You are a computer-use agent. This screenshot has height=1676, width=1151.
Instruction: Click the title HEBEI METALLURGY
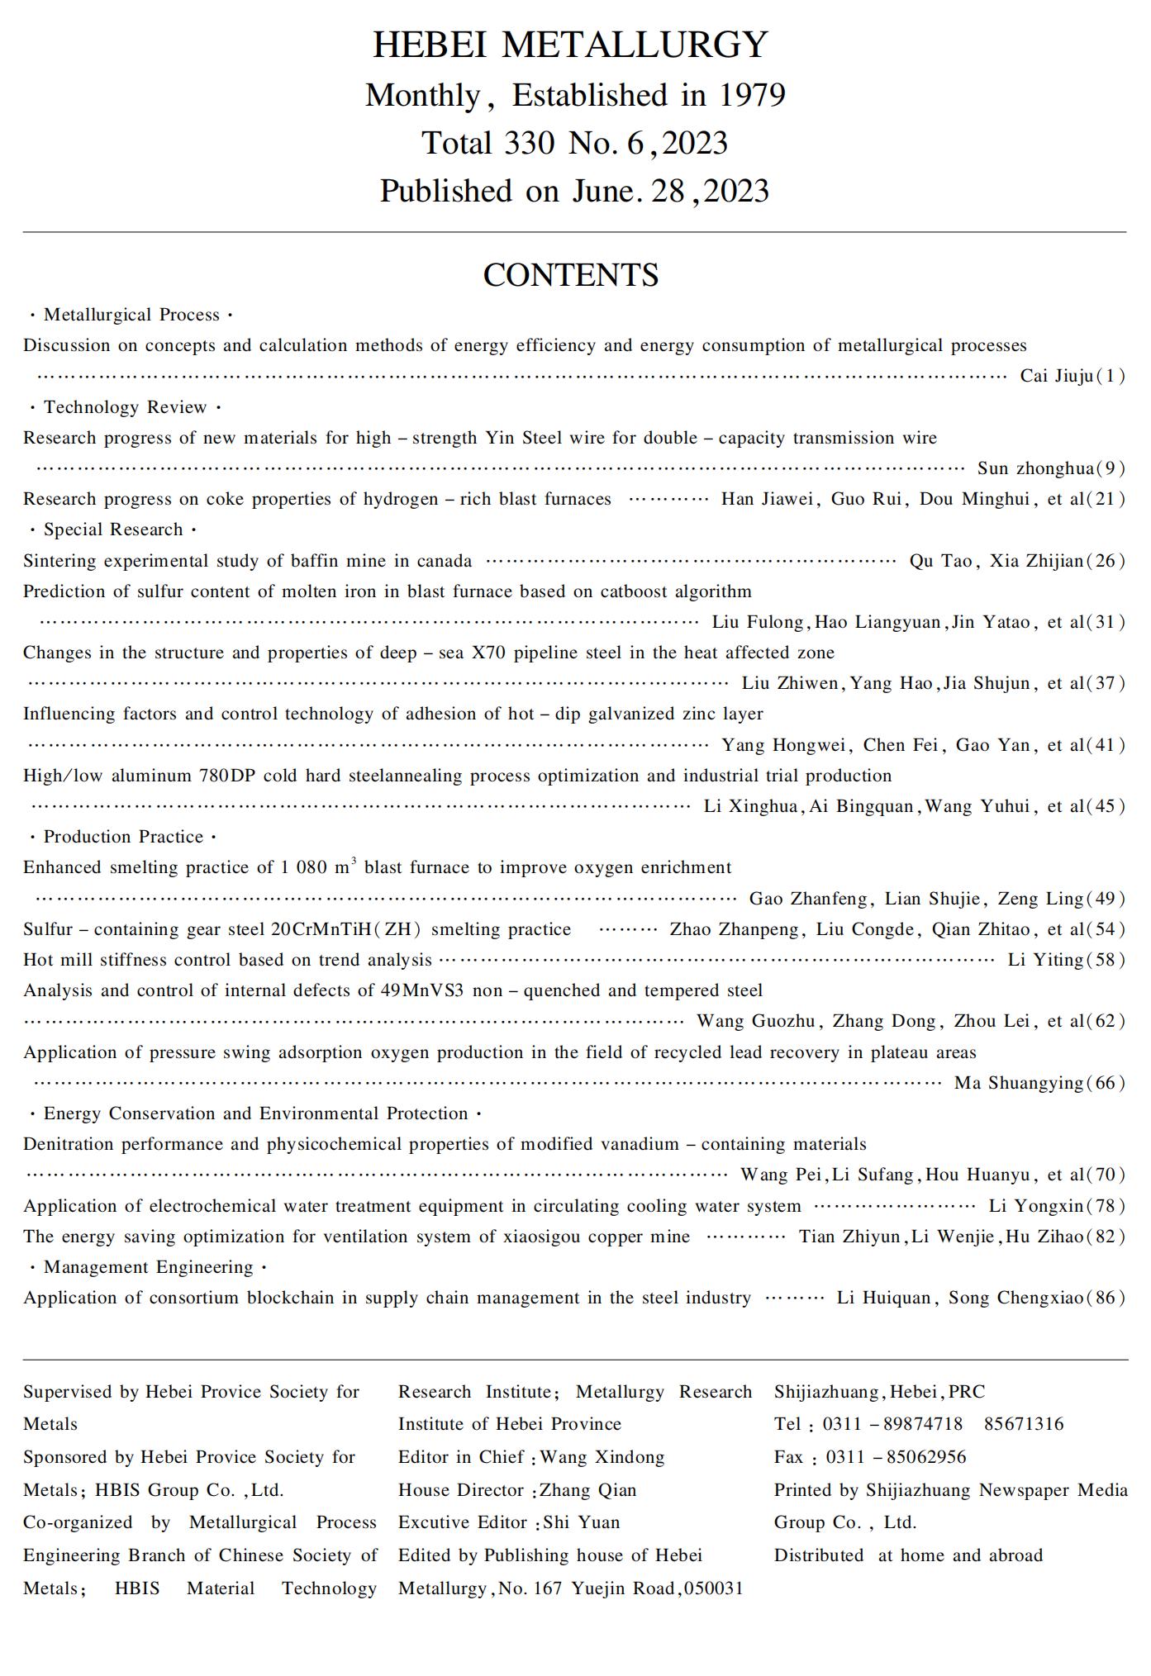570,45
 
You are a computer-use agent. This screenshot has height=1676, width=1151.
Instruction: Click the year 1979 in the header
751,96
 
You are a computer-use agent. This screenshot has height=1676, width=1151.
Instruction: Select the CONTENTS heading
570,275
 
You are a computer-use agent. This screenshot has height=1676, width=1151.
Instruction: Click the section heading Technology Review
125,407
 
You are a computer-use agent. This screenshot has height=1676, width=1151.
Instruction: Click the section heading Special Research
113,529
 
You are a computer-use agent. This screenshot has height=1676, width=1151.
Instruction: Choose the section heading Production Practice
123,837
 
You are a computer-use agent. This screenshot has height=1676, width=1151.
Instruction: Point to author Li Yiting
1045,960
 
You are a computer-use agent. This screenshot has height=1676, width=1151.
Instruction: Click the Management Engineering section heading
148,1267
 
